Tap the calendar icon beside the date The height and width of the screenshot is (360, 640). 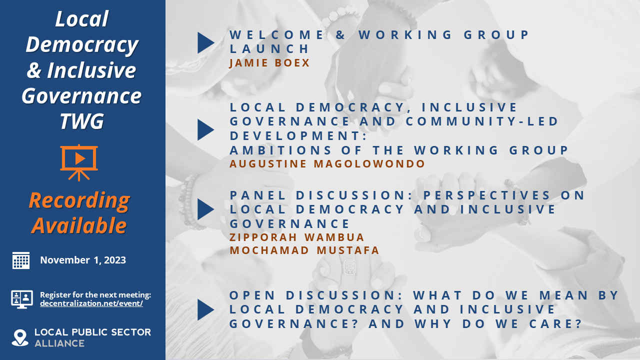[x=21, y=260]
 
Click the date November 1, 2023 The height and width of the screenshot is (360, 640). [x=83, y=260]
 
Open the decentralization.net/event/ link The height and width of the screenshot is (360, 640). [x=91, y=303]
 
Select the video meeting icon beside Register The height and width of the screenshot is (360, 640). [x=21, y=299]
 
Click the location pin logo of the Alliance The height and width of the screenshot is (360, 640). [x=20, y=337]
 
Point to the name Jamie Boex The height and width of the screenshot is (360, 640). [x=269, y=63]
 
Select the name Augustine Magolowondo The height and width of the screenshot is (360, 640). [x=327, y=164]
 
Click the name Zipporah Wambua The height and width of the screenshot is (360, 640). [x=297, y=237]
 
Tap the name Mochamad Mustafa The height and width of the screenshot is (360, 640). [x=304, y=250]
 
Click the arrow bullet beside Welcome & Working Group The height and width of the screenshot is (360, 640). [x=205, y=42]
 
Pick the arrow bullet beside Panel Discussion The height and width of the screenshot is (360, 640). [x=205, y=209]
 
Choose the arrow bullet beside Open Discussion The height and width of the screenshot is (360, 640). [x=205, y=309]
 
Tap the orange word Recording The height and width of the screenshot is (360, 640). [x=79, y=200]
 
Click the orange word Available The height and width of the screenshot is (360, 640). [x=79, y=225]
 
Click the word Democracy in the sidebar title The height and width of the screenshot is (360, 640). [x=81, y=44]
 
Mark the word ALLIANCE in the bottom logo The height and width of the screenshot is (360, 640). [x=59, y=343]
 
